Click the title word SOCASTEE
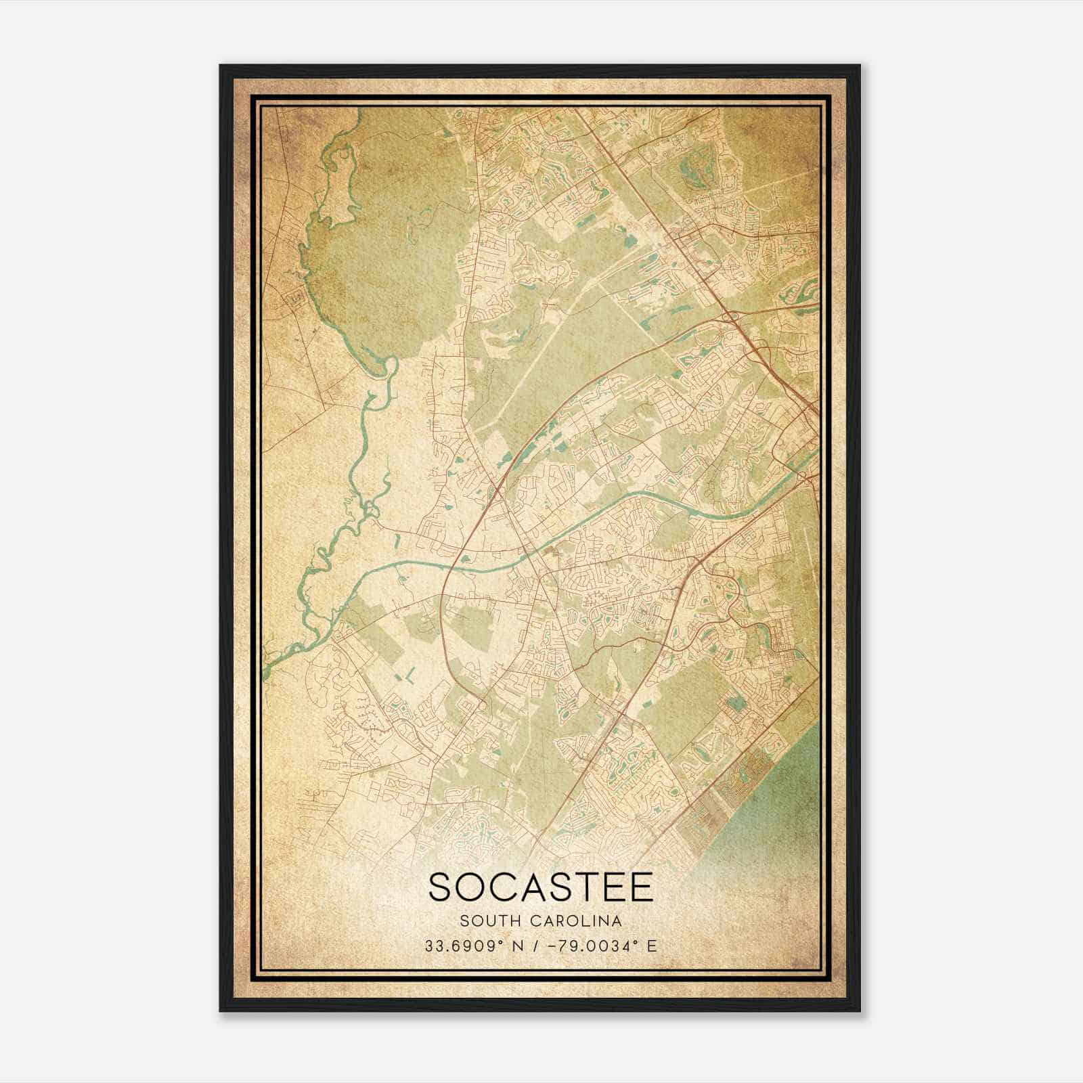(541, 887)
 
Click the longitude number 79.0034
(596, 946)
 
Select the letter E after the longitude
(652, 946)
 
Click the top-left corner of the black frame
(221, 66)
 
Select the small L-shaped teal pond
(410, 676)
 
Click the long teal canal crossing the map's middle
(609, 504)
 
